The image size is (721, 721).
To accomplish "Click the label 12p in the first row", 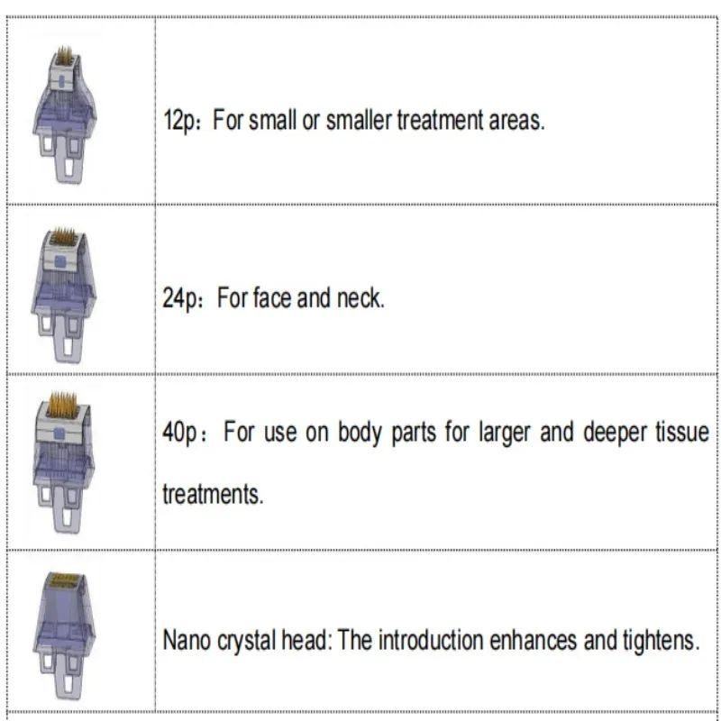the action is point(178,122).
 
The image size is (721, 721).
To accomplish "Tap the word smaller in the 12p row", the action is point(359,120).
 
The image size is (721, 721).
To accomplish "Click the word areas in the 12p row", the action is point(516,122).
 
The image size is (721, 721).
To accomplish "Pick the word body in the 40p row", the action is point(360,434).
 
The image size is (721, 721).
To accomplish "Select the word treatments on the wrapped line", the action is point(213,495).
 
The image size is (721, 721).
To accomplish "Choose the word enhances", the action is point(533,640).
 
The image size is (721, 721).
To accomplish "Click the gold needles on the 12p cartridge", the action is point(65,56).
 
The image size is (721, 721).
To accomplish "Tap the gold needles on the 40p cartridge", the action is point(62,405).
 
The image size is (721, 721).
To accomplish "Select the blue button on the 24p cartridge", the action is point(60,261).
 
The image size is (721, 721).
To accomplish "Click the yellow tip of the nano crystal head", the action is point(64,580).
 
